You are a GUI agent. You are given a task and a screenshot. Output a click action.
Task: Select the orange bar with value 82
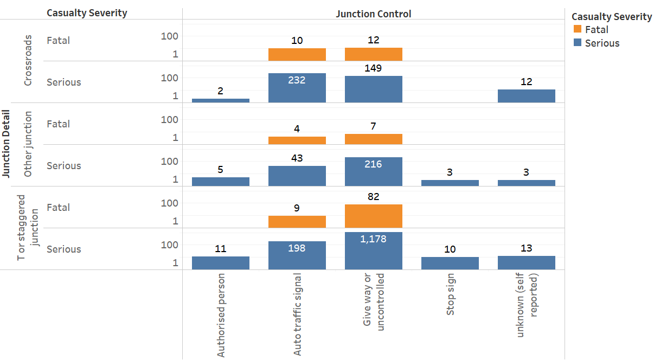[373, 216]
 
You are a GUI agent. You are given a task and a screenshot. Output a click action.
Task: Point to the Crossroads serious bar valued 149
[373, 89]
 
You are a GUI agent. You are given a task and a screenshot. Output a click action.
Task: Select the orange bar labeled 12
[373, 54]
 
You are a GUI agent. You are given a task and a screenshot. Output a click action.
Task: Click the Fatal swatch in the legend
[577, 30]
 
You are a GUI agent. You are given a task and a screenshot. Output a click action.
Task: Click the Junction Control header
[373, 14]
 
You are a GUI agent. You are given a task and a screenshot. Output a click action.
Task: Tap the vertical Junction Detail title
[7, 144]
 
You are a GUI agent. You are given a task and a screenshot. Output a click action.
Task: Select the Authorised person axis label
[221, 315]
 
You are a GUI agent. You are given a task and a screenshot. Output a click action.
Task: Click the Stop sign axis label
[451, 296]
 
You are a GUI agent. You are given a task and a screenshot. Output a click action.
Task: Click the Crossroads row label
[28, 61]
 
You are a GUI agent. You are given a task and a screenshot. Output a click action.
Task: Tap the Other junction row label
[28, 144]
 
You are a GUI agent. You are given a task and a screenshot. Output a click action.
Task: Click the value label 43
[297, 158]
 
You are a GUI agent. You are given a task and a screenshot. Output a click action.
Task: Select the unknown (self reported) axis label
[527, 306]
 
